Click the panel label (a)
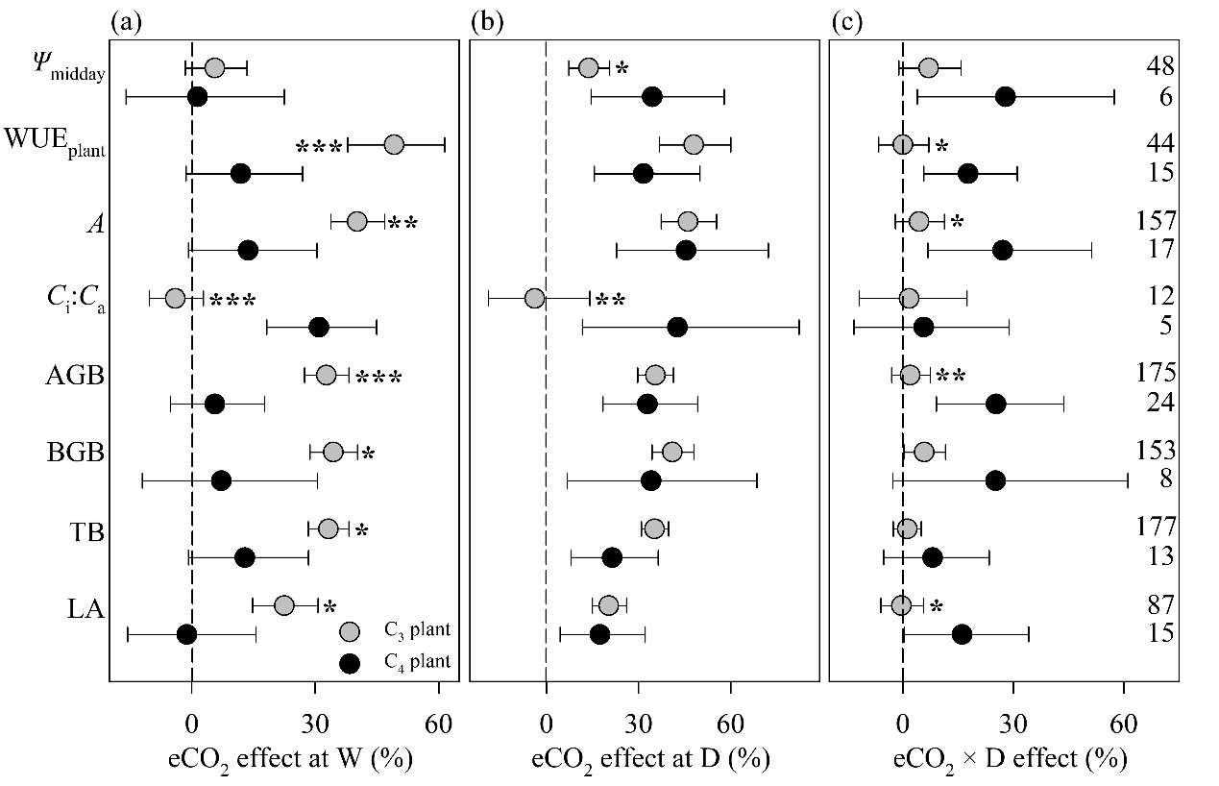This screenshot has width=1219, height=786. (x=124, y=22)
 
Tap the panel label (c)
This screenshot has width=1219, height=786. (x=845, y=22)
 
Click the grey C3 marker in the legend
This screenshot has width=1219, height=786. (x=350, y=630)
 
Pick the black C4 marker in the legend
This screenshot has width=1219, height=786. (x=350, y=662)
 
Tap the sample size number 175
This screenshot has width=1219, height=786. (x=1155, y=374)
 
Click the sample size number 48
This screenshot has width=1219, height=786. (x=1159, y=66)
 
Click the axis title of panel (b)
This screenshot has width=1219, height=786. (x=644, y=758)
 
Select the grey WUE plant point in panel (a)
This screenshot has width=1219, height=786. (x=394, y=144)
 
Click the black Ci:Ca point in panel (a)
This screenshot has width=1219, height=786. (x=319, y=327)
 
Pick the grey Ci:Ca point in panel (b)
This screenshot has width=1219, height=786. (x=535, y=298)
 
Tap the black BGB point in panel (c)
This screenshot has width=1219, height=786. (x=995, y=480)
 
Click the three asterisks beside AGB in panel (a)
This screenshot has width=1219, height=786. (x=379, y=377)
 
